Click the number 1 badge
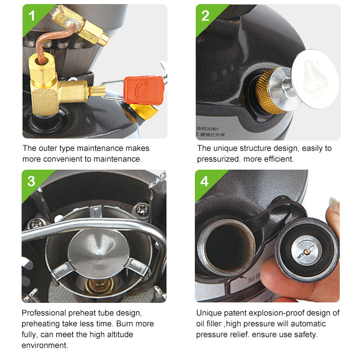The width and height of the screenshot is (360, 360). click(31, 16)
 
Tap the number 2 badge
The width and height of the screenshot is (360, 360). click(206, 16)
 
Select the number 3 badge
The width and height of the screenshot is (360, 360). click(31, 181)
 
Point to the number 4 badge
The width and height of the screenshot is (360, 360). click(205, 181)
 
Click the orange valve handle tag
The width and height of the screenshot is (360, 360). click(144, 90)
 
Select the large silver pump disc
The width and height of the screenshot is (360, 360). click(315, 79)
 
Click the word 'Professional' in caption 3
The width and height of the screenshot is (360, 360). click(43, 313)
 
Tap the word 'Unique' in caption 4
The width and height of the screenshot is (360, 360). click(208, 313)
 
